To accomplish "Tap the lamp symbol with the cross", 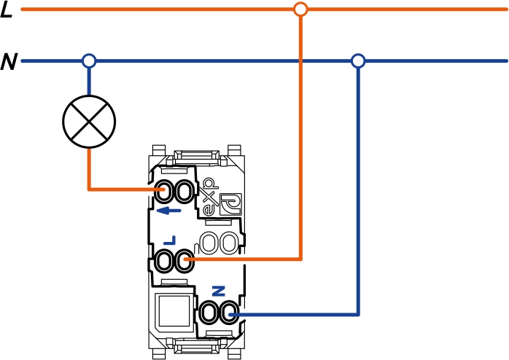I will (x=89, y=120).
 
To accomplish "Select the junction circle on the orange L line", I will (x=300, y=9).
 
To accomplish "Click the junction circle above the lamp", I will (x=89, y=61).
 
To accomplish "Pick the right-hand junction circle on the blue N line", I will (x=357, y=61).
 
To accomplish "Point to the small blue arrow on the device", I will (x=169, y=211).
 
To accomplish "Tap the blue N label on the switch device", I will (x=217, y=291).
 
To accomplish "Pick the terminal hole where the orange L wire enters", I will (x=184, y=259).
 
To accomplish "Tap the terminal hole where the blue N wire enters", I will (x=228, y=315).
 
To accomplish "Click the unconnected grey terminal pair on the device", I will (x=219, y=242).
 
